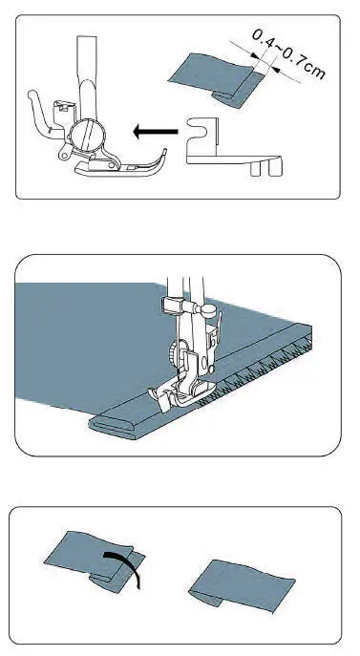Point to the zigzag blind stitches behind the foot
click(258, 372)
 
